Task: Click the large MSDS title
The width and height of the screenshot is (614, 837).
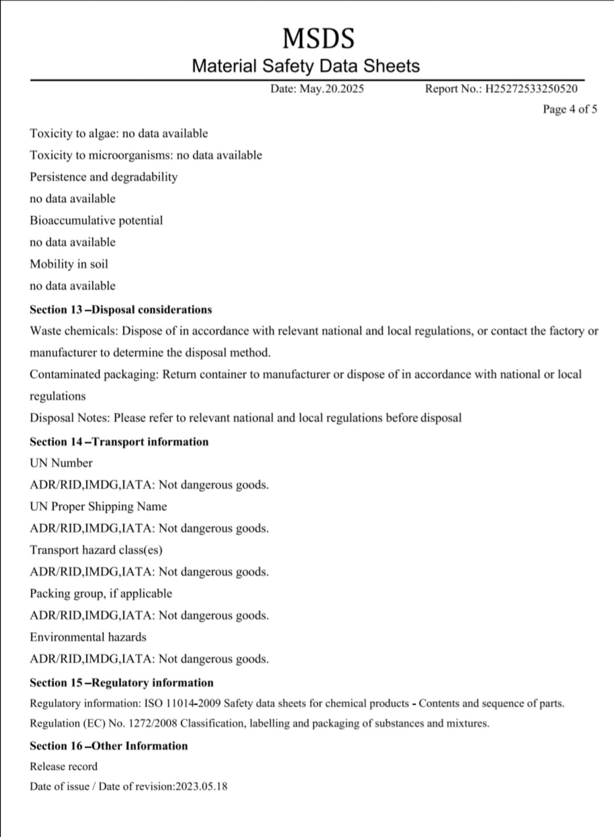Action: (x=319, y=38)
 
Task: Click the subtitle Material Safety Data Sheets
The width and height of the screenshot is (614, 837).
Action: (x=306, y=66)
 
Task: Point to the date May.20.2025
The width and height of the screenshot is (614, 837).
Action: (x=332, y=89)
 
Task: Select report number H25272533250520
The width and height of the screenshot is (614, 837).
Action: (x=531, y=89)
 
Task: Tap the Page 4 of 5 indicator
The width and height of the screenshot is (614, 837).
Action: (x=570, y=109)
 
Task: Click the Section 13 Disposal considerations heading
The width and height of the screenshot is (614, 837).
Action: (x=121, y=309)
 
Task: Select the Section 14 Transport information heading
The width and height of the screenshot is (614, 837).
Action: (x=119, y=442)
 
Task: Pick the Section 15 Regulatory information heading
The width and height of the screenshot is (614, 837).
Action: (x=122, y=682)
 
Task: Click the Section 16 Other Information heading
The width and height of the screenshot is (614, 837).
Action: (x=109, y=746)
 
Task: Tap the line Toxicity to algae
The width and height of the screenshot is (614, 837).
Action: (x=118, y=133)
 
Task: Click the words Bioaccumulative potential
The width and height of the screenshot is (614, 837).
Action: (x=96, y=220)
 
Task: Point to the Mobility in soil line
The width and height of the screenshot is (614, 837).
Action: (x=69, y=264)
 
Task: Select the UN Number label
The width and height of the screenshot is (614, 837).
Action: (x=61, y=463)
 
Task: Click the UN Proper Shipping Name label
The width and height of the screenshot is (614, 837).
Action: (x=98, y=506)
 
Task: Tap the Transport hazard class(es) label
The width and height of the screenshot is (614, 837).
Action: (x=96, y=550)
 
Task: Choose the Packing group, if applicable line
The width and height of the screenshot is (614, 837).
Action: (x=101, y=593)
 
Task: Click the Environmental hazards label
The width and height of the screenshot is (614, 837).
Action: (x=88, y=637)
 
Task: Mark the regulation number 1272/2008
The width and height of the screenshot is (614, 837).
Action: (x=153, y=723)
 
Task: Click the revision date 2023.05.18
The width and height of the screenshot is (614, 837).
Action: (x=201, y=786)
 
